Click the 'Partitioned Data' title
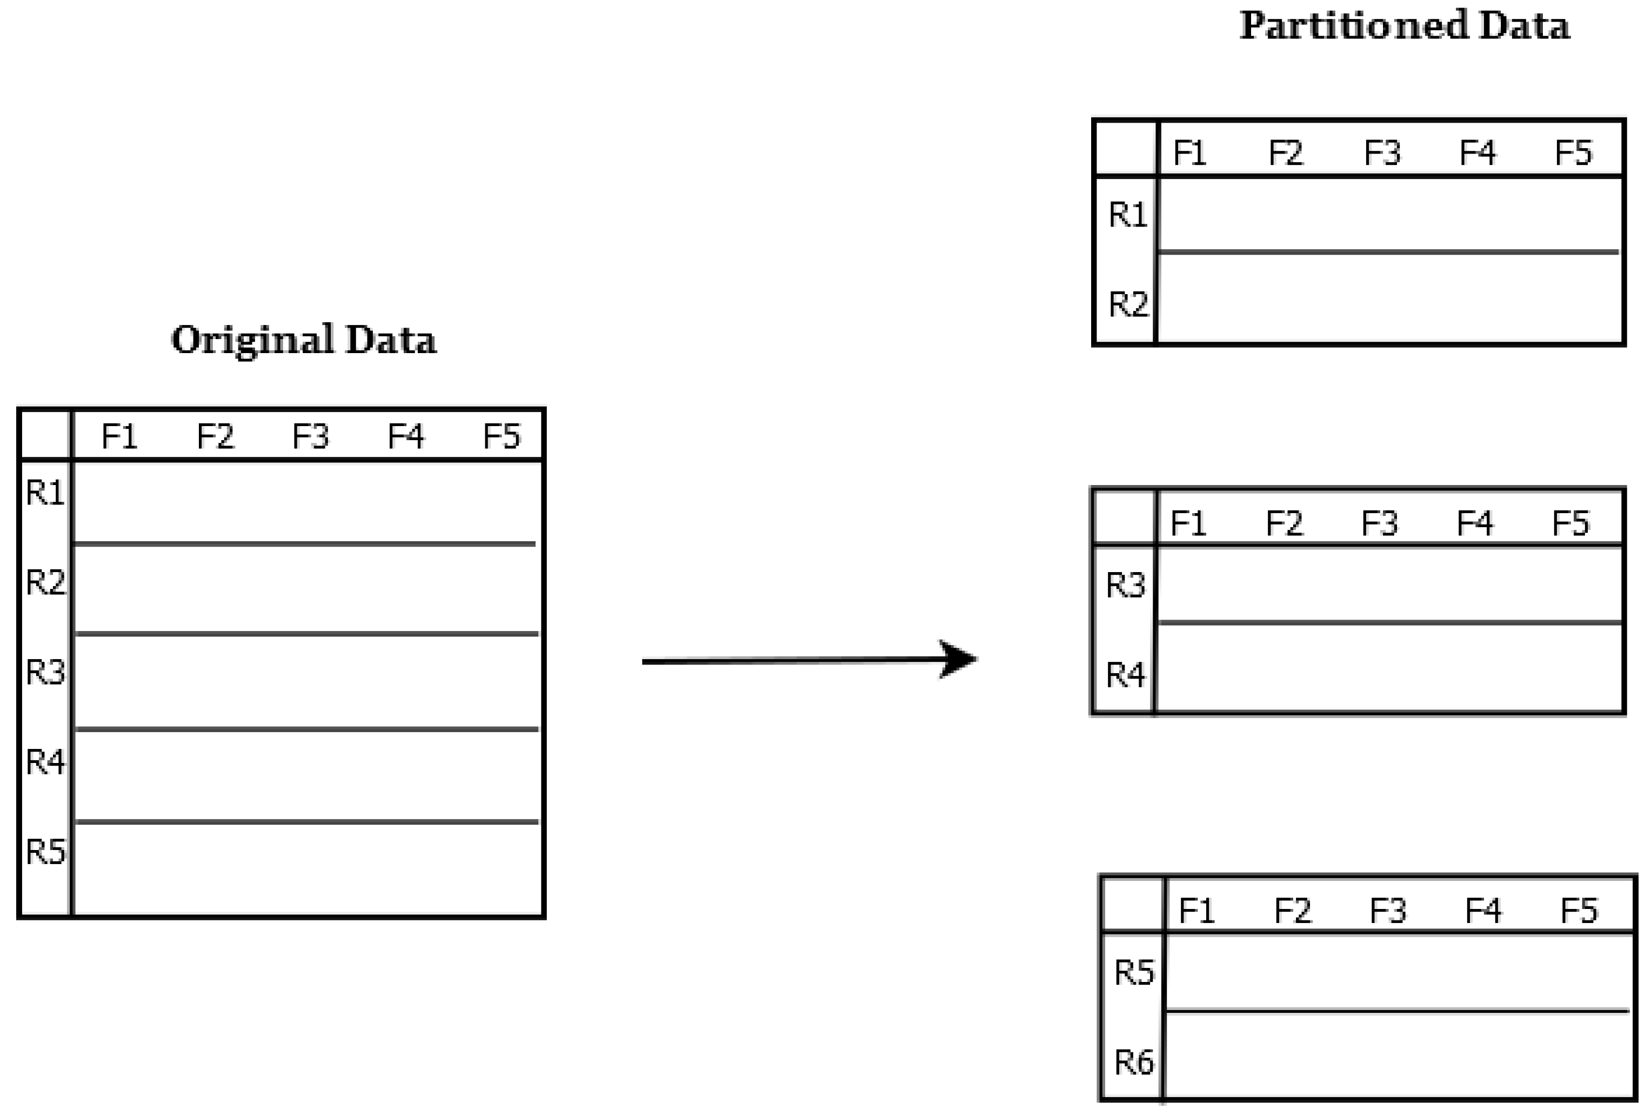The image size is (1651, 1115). pyautogui.click(x=1404, y=26)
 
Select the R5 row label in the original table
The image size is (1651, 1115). pyautogui.click(x=45, y=851)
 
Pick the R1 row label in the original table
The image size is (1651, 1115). pyautogui.click(x=45, y=493)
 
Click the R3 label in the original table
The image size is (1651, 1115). pyautogui.click(x=45, y=672)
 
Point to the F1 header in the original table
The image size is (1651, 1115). pyautogui.click(x=119, y=436)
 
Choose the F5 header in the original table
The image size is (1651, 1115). pyautogui.click(x=501, y=436)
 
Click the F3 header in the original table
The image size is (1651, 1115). pyautogui.click(x=310, y=436)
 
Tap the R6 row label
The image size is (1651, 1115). pyautogui.click(x=1134, y=1061)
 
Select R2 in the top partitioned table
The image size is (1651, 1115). pyautogui.click(x=1128, y=304)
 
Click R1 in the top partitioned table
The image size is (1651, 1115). pyautogui.click(x=1128, y=215)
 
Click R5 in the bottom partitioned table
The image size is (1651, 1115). pyautogui.click(x=1134, y=972)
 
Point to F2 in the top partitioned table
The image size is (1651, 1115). pyautogui.click(x=1286, y=153)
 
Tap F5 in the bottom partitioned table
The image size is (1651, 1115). pyautogui.click(x=1579, y=911)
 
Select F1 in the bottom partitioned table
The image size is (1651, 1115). pyautogui.click(x=1197, y=911)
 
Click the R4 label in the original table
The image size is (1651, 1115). pyautogui.click(x=45, y=762)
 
